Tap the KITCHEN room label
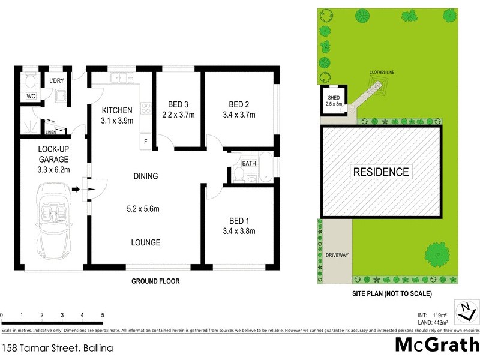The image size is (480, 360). click(x=116, y=110)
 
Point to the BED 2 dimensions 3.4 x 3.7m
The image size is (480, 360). click(x=239, y=115)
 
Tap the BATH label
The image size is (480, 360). click(x=249, y=163)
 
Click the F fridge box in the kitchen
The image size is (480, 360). click(x=145, y=142)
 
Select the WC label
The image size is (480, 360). click(x=31, y=96)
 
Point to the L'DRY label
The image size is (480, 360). click(x=56, y=81)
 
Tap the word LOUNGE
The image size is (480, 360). click(x=146, y=242)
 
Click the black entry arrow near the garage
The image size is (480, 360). click(x=76, y=190)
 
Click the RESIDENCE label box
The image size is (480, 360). click(x=380, y=172)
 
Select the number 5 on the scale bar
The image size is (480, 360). click(x=103, y=315)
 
